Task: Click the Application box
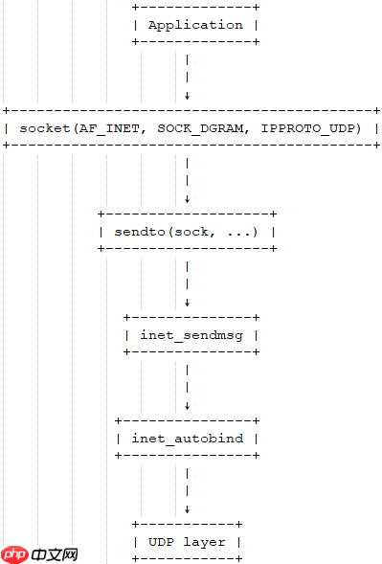(x=195, y=25)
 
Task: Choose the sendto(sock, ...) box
(x=187, y=231)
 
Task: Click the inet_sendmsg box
(x=191, y=334)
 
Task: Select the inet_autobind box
(x=187, y=438)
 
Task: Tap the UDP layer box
(x=187, y=541)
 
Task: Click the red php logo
(x=14, y=554)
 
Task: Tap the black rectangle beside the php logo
(x=54, y=554)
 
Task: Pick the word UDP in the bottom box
(x=160, y=541)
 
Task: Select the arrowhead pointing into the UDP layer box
(x=187, y=509)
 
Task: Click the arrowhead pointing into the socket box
(x=187, y=96)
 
